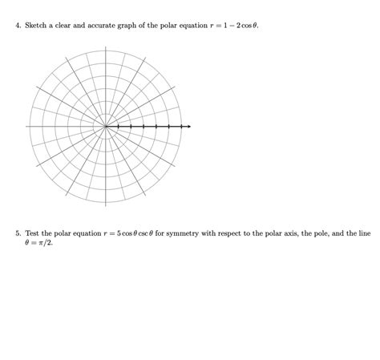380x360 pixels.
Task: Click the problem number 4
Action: (x=18, y=26)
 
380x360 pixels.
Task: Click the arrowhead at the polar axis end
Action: (x=188, y=127)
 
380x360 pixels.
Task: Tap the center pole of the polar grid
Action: (x=106, y=127)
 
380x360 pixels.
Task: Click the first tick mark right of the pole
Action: (x=119, y=127)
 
